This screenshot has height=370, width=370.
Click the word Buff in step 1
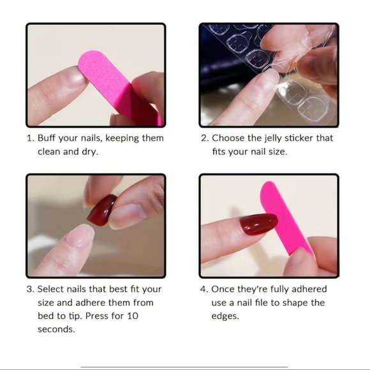pyautogui.click(x=47, y=138)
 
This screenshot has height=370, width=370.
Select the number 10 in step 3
pyautogui.click(x=133, y=316)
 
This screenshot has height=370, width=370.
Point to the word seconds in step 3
pyautogui.click(x=56, y=329)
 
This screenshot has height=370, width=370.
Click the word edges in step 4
pyautogui.click(x=225, y=316)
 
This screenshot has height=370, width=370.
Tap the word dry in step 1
pyautogui.click(x=90, y=152)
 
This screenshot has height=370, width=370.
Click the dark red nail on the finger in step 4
pyautogui.click(x=258, y=224)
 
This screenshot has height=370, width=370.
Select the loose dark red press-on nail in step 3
pyautogui.click(x=102, y=211)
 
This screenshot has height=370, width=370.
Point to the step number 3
pyautogui.click(x=30, y=289)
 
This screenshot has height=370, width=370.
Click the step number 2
pyautogui.click(x=205, y=138)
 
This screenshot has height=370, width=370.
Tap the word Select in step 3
pyautogui.click(x=51, y=289)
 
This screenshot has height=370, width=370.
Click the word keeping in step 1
pyautogui.click(x=122, y=138)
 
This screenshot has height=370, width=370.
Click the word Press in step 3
pyautogui.click(x=97, y=316)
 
